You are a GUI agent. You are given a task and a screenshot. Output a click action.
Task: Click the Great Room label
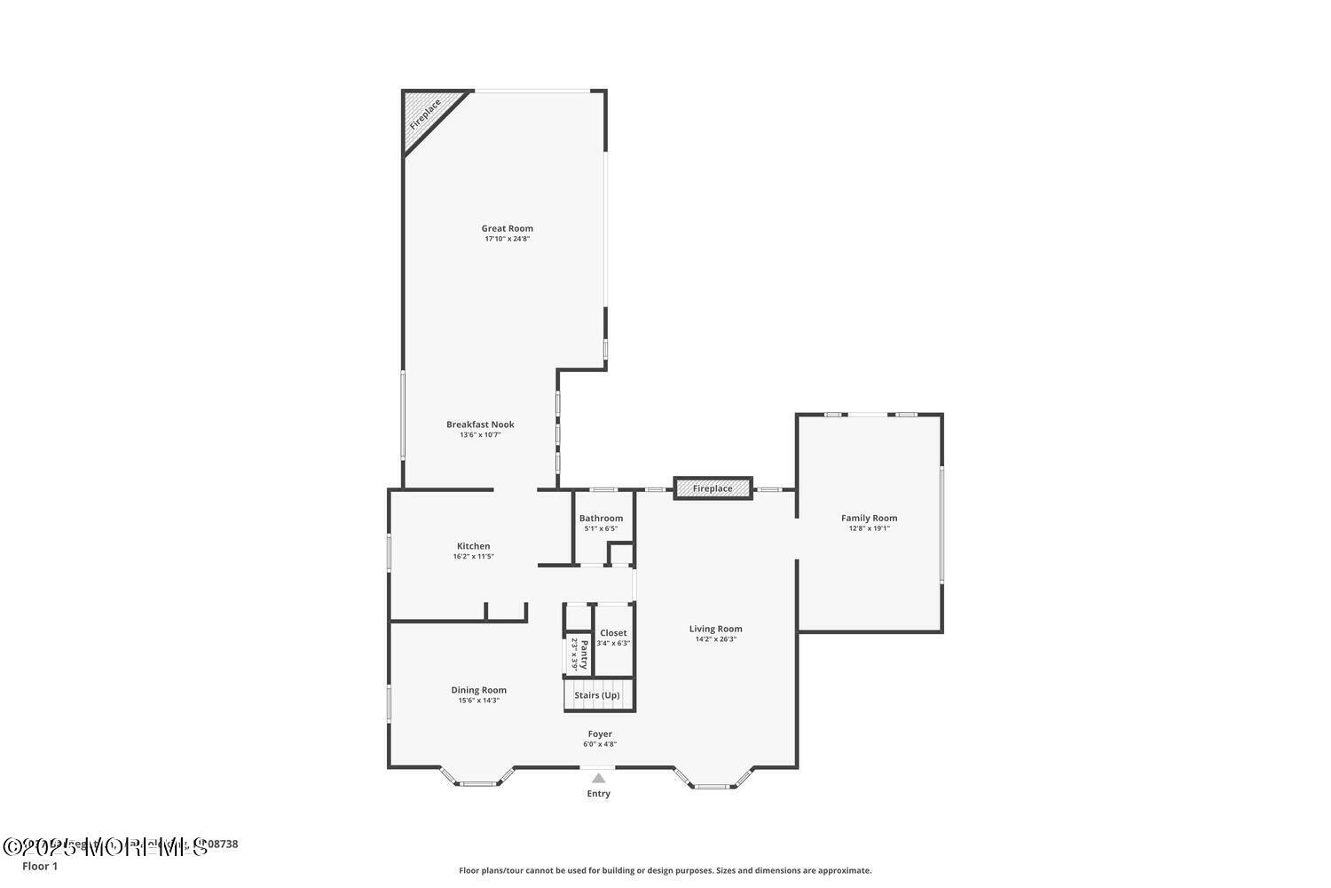[x=508, y=228]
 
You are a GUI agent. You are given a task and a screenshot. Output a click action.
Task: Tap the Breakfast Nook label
[x=480, y=424]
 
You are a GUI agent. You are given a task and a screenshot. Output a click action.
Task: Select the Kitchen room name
[x=473, y=546]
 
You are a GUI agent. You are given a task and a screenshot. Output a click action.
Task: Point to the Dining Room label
[x=478, y=690]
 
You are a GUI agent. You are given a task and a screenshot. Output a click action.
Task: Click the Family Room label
[x=869, y=518]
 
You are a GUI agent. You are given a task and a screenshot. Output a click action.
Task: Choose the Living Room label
[x=715, y=629]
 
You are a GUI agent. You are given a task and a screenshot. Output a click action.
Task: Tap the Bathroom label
[x=601, y=519]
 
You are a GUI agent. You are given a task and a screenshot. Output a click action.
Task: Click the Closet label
[x=613, y=633]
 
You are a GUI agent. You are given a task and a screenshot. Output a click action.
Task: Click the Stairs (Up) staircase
[x=598, y=695]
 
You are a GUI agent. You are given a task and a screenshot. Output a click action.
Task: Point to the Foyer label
[x=600, y=734]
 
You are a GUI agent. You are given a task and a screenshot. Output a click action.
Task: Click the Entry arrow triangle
[x=599, y=778]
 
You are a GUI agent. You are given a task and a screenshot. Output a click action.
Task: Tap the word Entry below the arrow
[x=599, y=794]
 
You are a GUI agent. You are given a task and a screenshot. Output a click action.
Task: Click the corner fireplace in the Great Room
[x=425, y=114]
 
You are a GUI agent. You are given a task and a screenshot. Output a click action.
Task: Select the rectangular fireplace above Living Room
[x=713, y=488]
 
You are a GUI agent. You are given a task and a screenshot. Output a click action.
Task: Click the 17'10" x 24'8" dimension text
[x=508, y=239]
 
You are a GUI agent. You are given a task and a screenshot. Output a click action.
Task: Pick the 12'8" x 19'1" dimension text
[x=869, y=528]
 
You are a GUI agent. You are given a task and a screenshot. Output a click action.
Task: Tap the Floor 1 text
[x=40, y=867]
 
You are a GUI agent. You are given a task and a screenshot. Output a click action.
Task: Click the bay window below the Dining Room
[x=477, y=779]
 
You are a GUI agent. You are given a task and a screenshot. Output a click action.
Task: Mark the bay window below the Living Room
[x=713, y=781]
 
